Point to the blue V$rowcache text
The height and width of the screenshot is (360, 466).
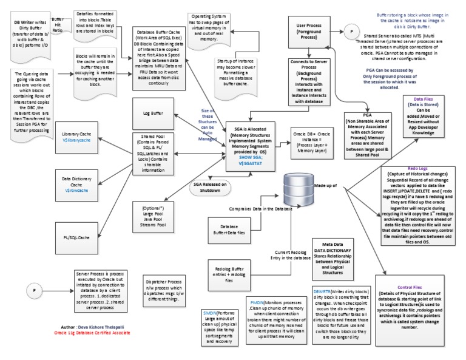[76, 190]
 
